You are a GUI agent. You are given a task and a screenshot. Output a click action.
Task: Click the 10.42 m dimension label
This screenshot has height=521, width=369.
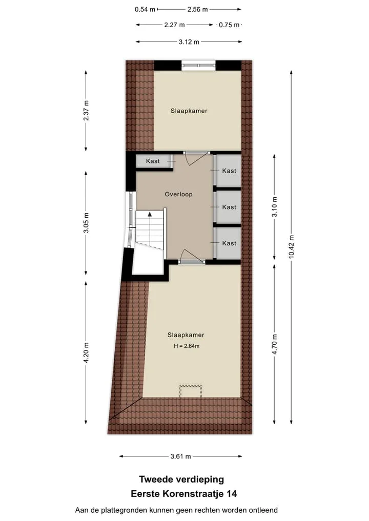click(x=292, y=246)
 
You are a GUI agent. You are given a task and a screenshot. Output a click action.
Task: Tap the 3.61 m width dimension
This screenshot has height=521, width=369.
click(x=180, y=456)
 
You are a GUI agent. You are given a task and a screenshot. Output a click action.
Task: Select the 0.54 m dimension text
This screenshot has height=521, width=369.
click(x=145, y=9)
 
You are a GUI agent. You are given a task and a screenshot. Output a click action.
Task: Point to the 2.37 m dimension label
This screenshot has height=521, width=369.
click(x=86, y=110)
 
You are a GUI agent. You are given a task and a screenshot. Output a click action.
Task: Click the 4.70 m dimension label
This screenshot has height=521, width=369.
click(x=275, y=344)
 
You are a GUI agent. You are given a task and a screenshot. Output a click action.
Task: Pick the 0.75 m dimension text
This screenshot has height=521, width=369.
click(x=229, y=25)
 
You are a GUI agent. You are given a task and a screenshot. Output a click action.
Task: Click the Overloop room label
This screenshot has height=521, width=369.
click(x=178, y=194)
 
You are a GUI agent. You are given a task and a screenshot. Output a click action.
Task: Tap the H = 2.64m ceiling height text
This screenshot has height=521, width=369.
click(x=187, y=346)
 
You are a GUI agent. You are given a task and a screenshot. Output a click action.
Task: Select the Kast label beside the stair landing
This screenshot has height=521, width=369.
click(x=153, y=161)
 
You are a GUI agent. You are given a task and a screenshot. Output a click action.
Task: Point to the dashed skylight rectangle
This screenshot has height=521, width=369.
click(x=191, y=391)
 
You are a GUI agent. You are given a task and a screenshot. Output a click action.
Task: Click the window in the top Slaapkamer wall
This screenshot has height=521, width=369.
click(x=198, y=65)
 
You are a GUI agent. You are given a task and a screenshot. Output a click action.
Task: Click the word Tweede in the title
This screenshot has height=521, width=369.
click(x=156, y=480)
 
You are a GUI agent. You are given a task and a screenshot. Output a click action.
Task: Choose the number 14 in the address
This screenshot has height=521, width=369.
click(x=232, y=494)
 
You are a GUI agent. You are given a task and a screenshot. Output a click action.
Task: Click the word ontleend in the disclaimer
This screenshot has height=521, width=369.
click(x=264, y=510)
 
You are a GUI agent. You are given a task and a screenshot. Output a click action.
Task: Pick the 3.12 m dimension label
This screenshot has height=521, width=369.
click(x=189, y=42)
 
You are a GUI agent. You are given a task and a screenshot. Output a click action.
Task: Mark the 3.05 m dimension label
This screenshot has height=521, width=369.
click(x=86, y=223)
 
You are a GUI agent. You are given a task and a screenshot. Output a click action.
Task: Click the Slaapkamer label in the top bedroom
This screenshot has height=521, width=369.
click(x=189, y=111)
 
